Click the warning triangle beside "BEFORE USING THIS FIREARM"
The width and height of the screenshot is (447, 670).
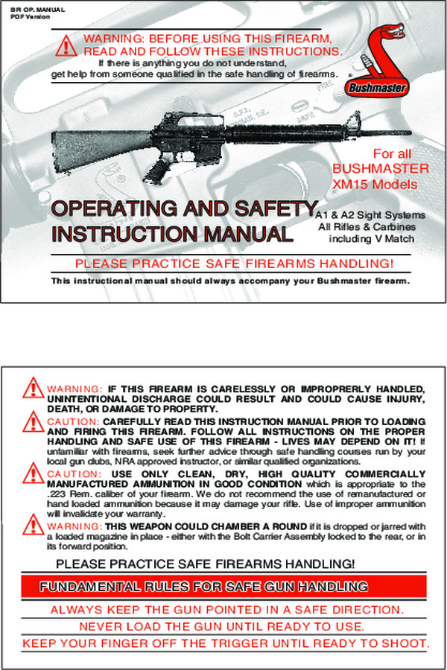[x=66, y=45]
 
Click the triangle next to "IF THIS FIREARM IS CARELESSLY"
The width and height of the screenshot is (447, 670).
[x=33, y=388]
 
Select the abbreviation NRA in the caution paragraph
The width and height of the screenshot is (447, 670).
[x=162, y=462]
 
